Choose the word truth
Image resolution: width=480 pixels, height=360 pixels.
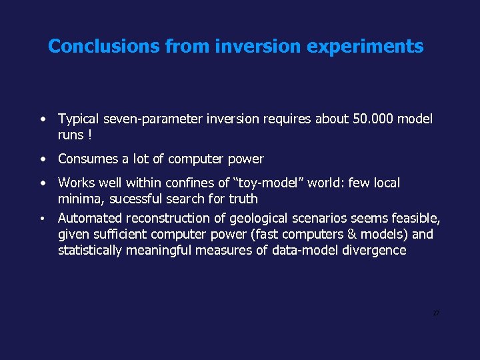[x=243, y=199]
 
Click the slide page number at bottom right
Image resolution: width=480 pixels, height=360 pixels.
[x=436, y=313]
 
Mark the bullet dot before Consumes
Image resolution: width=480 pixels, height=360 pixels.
[x=42, y=159]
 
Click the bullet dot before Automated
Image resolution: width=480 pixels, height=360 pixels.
[x=42, y=219]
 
